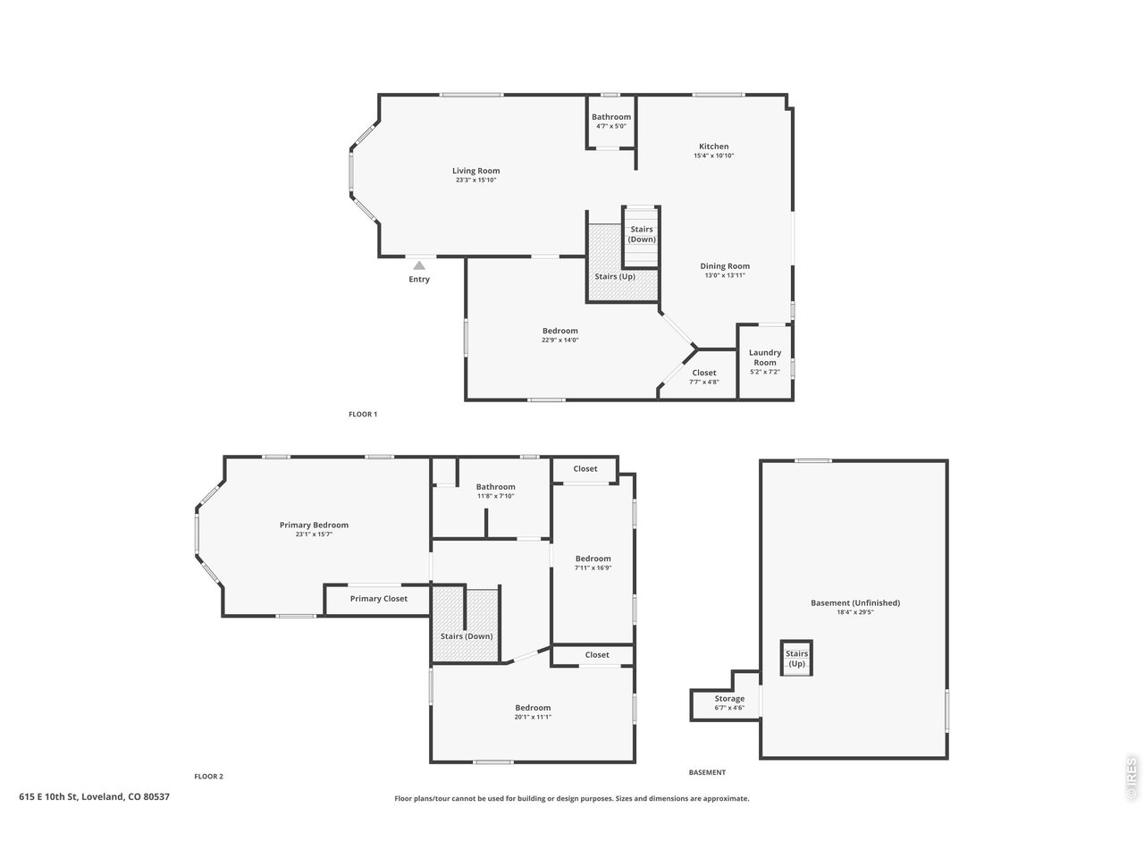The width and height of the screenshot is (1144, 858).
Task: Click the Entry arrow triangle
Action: [419, 265]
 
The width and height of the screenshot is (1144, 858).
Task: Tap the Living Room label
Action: [475, 171]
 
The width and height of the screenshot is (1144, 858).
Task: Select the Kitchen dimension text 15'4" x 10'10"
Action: [713, 156]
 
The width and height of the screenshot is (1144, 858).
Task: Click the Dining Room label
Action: [725, 266]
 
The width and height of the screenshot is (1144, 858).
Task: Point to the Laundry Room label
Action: [764, 357]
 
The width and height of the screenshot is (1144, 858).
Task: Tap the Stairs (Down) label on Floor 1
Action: [642, 234]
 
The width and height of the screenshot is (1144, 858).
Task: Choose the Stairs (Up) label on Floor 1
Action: [615, 277]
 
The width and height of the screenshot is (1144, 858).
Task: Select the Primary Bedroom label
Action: [314, 526]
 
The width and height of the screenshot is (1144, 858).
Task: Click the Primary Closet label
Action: [378, 599]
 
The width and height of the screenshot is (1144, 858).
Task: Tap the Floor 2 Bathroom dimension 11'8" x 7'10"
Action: [496, 496]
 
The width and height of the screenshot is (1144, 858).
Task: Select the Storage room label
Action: [729, 699]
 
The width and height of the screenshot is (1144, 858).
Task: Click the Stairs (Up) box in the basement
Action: [796, 659]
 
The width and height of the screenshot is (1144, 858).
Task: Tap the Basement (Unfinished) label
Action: [855, 602]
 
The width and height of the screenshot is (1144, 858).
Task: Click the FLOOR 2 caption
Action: [208, 776]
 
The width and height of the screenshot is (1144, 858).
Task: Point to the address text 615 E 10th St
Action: [48, 796]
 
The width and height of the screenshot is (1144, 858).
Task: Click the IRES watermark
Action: [1131, 778]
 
